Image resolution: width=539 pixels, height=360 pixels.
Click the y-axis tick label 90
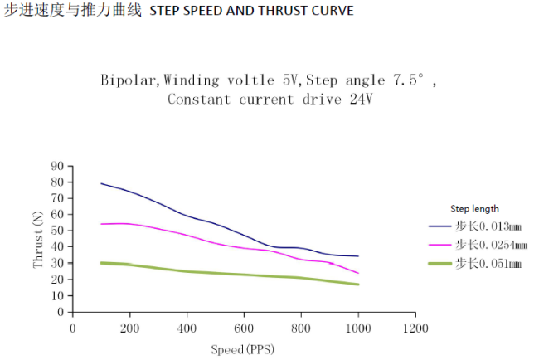click(58, 166)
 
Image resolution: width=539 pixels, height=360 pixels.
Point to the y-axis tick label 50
click(58, 231)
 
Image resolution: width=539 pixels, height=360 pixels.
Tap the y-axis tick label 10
click(58, 296)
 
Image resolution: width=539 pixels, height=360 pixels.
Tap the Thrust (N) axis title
click(37, 239)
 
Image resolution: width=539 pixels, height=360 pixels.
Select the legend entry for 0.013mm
click(488, 226)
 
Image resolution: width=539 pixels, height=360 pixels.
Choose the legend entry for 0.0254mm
click(491, 245)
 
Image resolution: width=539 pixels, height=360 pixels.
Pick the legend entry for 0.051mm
click(488, 263)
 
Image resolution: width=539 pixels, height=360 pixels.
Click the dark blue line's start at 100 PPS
click(101, 183)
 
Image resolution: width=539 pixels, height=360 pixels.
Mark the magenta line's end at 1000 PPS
click(358, 273)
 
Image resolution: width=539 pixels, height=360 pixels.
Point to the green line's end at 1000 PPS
click(358, 285)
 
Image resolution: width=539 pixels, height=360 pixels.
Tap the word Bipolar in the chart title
click(129, 80)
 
